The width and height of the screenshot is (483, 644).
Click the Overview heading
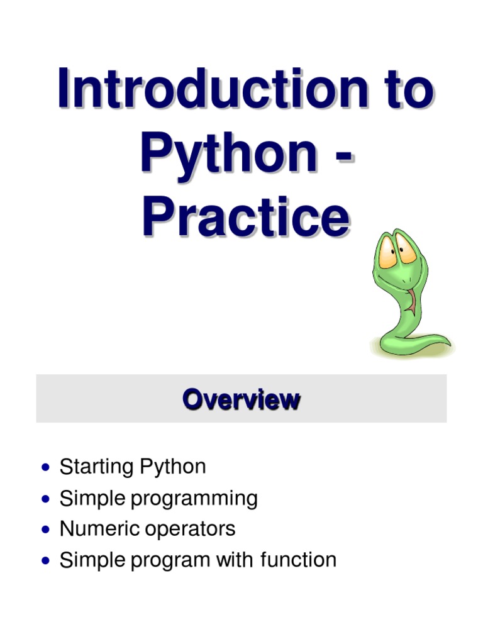[x=241, y=399]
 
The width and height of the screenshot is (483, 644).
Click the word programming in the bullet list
[x=194, y=499]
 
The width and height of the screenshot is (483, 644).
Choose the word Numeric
[x=97, y=528]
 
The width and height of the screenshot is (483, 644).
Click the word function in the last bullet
[x=298, y=559]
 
